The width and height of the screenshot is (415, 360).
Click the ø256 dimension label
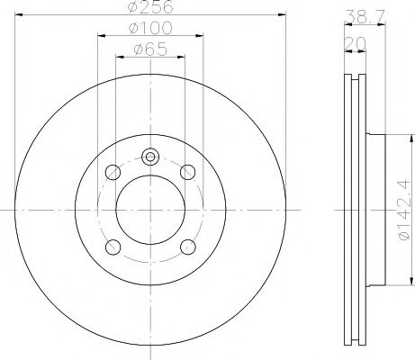[150, 6]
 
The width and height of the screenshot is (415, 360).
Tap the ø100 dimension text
[150, 28]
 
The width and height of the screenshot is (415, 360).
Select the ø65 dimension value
[150, 49]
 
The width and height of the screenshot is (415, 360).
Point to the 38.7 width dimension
[364, 17]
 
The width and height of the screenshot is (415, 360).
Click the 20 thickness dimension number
[355, 44]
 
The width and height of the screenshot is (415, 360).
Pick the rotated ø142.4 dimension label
[402, 210]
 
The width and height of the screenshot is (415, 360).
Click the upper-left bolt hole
[113, 173]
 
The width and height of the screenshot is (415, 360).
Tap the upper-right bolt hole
[188, 172]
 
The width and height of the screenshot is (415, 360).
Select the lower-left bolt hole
[113, 247]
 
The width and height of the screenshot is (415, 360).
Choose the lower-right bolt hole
[188, 247]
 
